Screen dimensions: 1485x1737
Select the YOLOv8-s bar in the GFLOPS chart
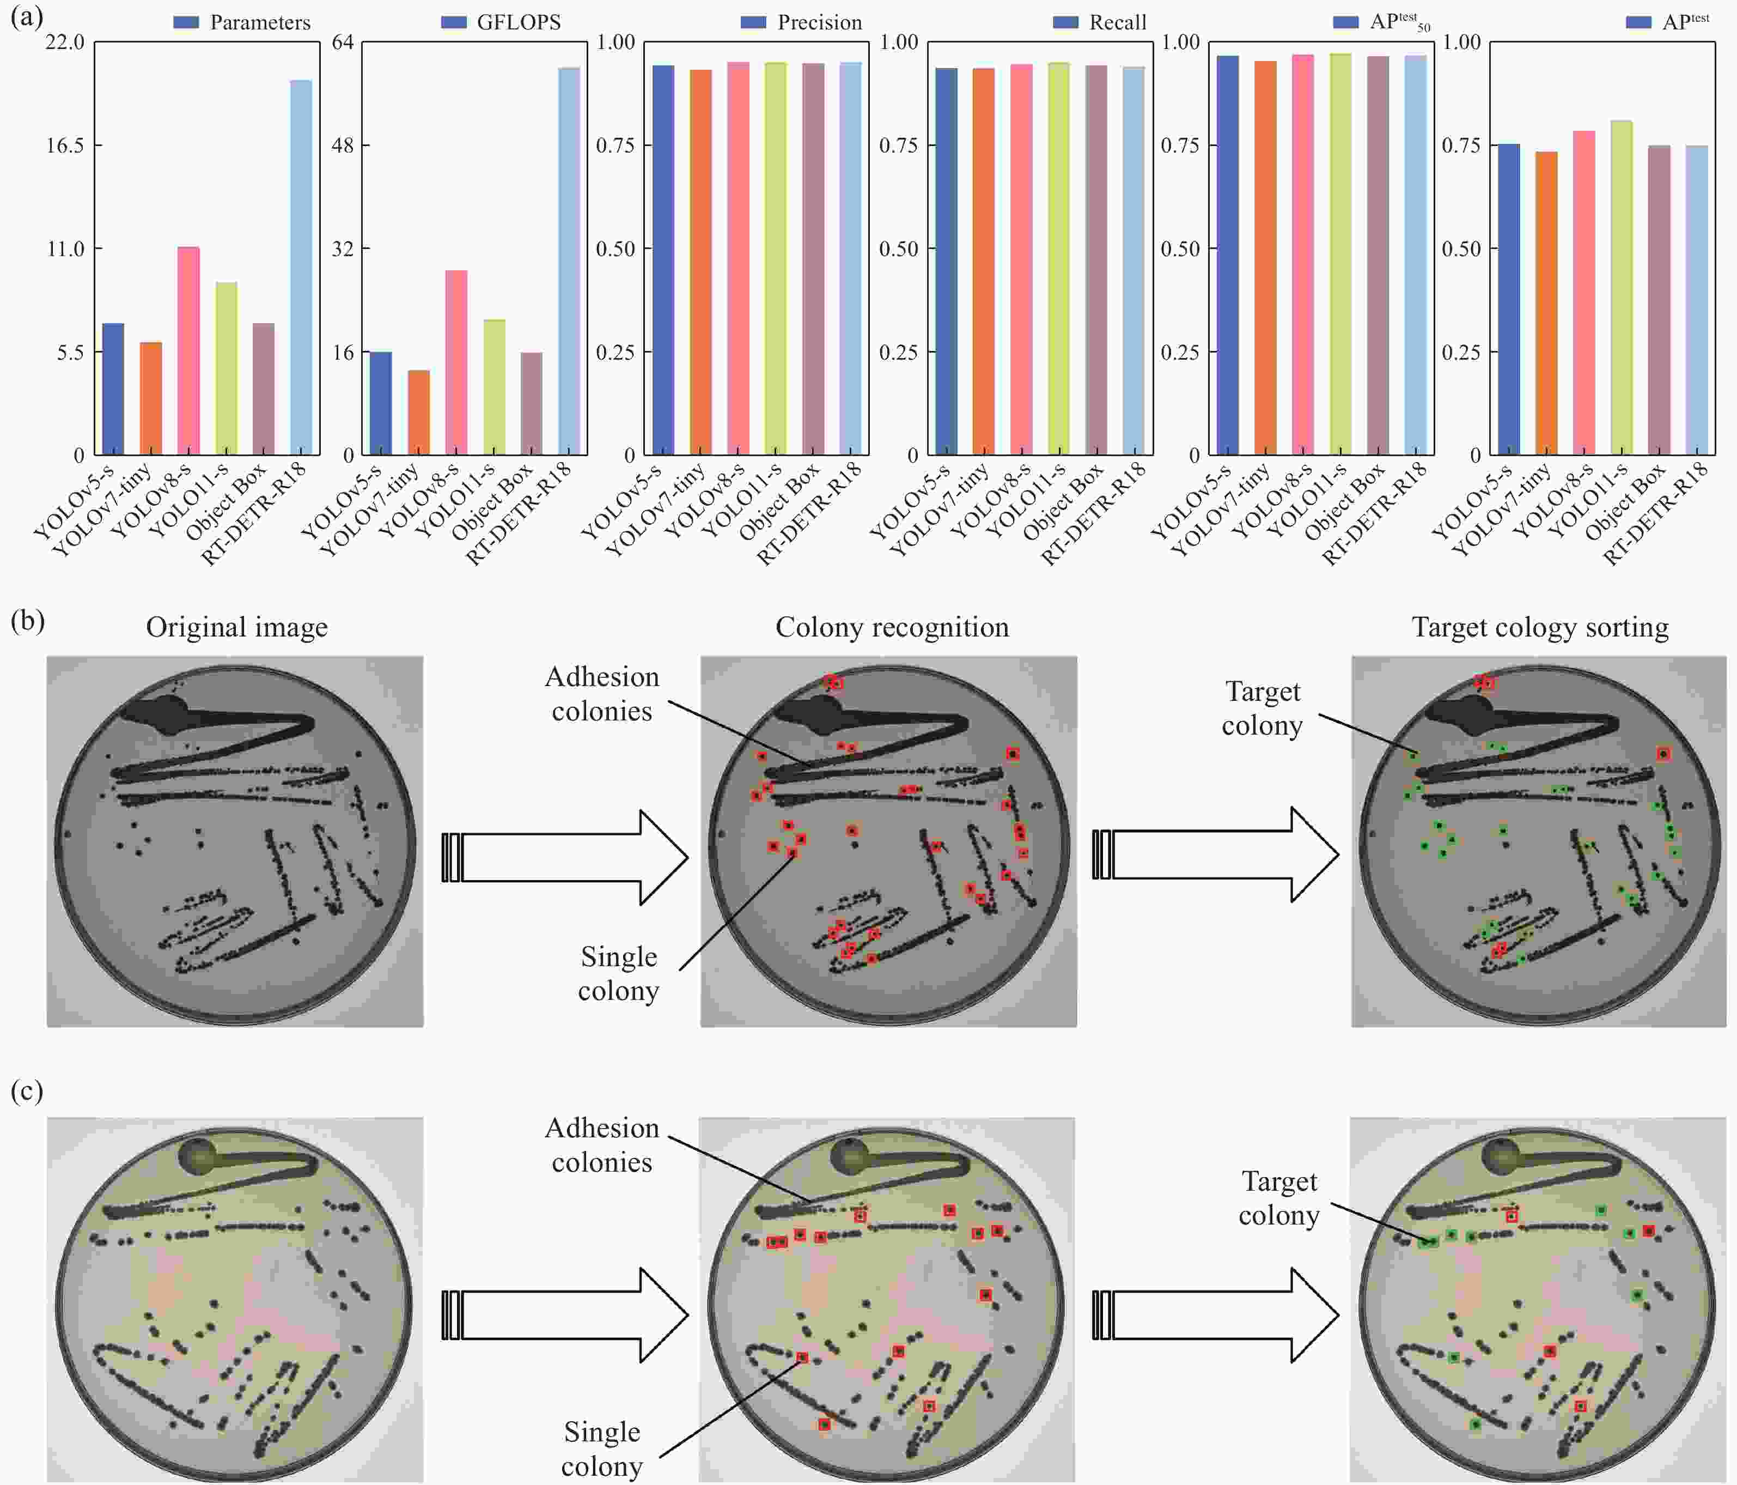click(x=456, y=362)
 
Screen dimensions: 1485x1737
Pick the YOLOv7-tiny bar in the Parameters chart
click(x=151, y=398)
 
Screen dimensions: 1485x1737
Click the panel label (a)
click(x=27, y=17)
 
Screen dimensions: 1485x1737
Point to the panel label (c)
click(x=27, y=1091)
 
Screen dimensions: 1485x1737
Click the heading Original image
click(x=236, y=627)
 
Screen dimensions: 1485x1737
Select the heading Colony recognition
click(x=892, y=627)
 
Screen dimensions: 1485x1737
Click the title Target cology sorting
click(x=1540, y=627)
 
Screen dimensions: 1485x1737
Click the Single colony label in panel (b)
click(x=619, y=973)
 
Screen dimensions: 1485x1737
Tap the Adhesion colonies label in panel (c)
click(x=602, y=1144)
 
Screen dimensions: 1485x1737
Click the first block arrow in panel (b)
click(x=566, y=857)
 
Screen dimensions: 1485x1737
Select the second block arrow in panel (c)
click(x=1216, y=1315)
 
